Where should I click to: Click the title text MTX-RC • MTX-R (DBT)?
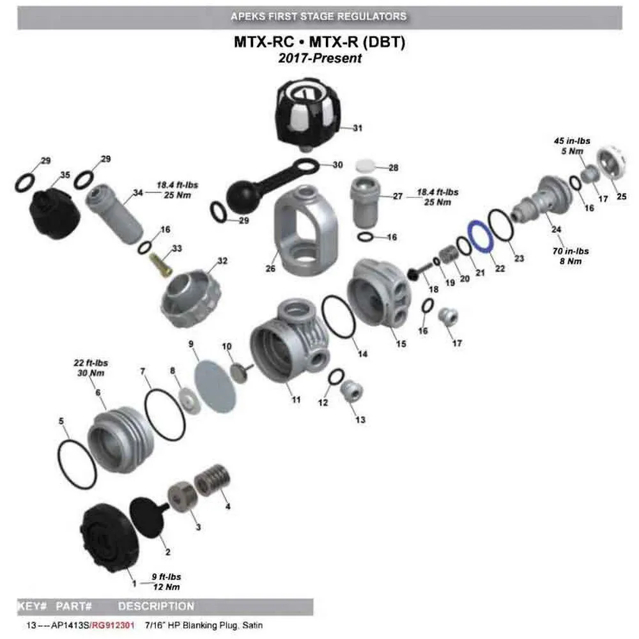point(319,43)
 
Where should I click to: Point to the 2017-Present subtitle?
point(319,58)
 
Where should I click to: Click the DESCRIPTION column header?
point(156,606)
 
